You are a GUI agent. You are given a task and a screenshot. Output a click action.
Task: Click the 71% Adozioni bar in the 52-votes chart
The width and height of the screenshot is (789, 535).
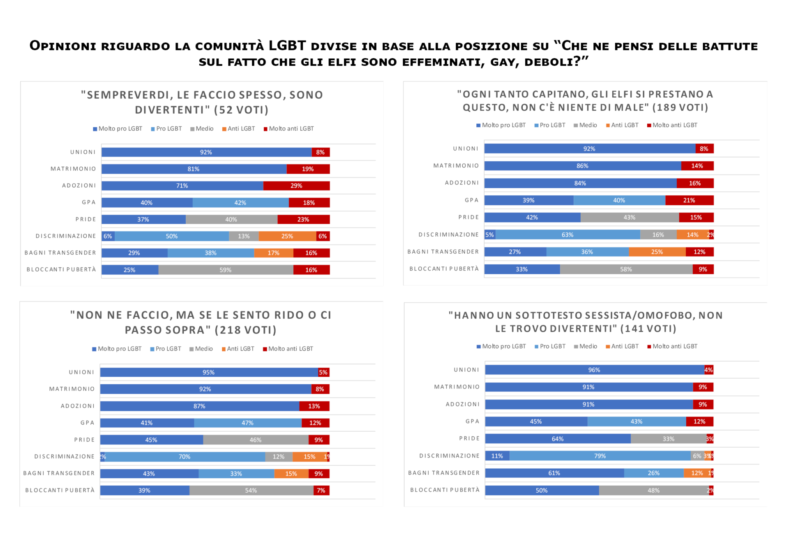click(x=182, y=186)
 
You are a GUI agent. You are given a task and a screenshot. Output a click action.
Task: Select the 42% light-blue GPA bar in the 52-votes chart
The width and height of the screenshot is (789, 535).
click(x=240, y=203)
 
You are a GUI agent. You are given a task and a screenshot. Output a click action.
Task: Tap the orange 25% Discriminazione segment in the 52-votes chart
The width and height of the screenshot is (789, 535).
click(x=287, y=237)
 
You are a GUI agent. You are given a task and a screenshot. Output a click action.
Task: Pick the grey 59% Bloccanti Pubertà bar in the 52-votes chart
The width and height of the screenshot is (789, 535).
click(x=226, y=270)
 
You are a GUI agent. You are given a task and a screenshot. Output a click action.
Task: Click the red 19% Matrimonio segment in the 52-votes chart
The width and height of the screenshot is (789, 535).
click(x=308, y=169)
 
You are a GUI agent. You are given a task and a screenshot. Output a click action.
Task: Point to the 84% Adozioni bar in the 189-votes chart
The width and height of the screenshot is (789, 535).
click(x=580, y=184)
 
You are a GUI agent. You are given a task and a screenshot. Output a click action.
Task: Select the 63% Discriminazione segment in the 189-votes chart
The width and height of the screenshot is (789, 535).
click(x=568, y=235)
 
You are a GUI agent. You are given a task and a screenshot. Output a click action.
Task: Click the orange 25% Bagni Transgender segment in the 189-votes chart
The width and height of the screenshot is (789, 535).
click(x=657, y=252)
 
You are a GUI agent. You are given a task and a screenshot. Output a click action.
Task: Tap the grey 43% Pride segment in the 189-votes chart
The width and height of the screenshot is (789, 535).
click(x=629, y=218)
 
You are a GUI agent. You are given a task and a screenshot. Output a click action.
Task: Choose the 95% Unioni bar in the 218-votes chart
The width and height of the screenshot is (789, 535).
click(x=208, y=372)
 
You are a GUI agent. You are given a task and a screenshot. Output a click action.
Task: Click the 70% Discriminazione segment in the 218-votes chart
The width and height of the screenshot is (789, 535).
click(x=185, y=457)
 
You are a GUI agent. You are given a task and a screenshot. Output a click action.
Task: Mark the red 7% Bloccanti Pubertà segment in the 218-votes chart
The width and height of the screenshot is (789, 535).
click(x=321, y=491)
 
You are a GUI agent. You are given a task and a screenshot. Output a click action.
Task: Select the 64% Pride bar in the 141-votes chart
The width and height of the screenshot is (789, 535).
click(x=558, y=439)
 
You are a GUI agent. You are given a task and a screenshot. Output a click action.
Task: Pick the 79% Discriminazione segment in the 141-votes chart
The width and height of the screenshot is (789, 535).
click(x=600, y=456)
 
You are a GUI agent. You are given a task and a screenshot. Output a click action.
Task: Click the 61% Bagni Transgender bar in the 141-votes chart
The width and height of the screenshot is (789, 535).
click(x=554, y=473)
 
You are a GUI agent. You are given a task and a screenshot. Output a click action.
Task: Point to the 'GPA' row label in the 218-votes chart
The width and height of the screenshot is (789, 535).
click(x=88, y=423)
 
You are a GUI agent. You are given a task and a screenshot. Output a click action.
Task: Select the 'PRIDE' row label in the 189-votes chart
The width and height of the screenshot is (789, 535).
click(x=468, y=218)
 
